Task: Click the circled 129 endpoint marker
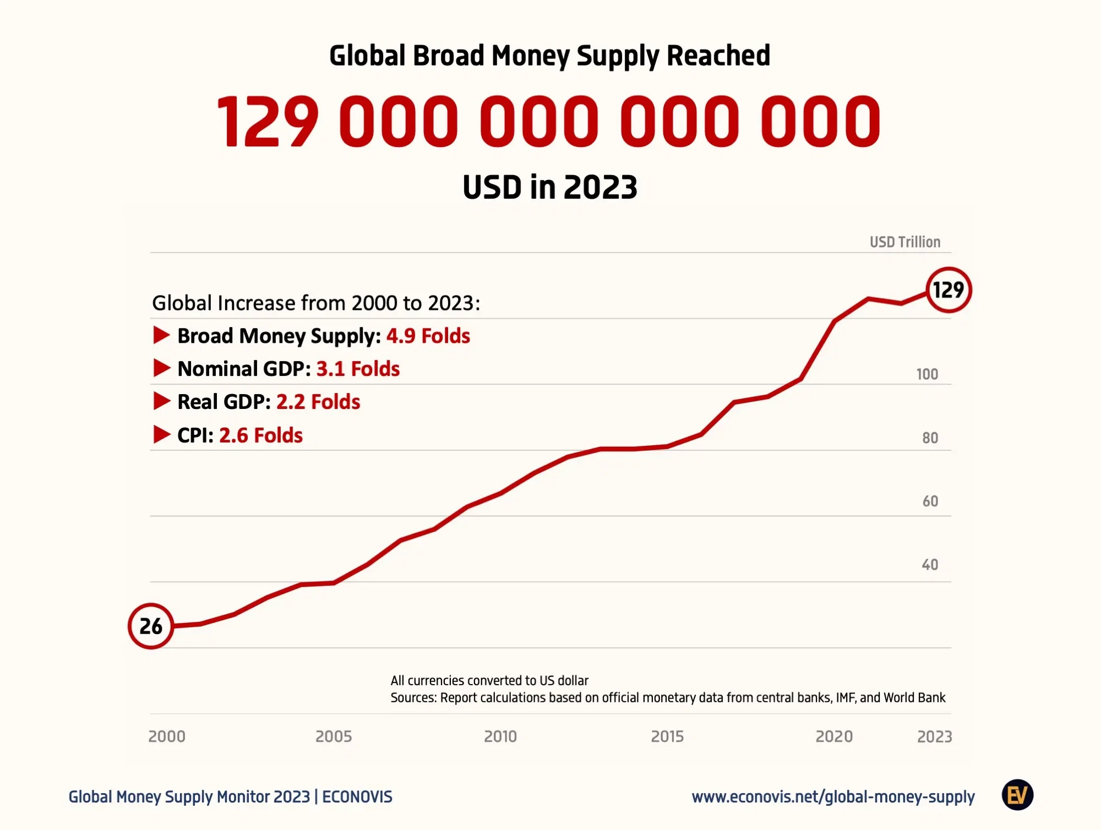coord(949,290)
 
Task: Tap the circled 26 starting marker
coord(151,626)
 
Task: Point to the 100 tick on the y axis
coord(927,374)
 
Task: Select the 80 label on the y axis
coord(930,438)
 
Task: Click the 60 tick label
coord(930,501)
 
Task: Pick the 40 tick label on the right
coord(930,565)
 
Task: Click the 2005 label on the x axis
coord(334,736)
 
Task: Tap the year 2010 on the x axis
coord(500,736)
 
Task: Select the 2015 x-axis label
coord(667,736)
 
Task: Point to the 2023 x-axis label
coord(934,736)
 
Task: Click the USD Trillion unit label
coord(905,242)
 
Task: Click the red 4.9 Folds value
coord(428,336)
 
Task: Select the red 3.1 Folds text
coord(358,369)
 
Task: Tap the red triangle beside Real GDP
coord(161,401)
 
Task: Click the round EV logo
coord(1017,795)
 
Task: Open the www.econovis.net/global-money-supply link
coord(833,797)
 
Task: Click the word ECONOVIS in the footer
coord(357,797)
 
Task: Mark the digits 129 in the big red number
coord(268,122)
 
